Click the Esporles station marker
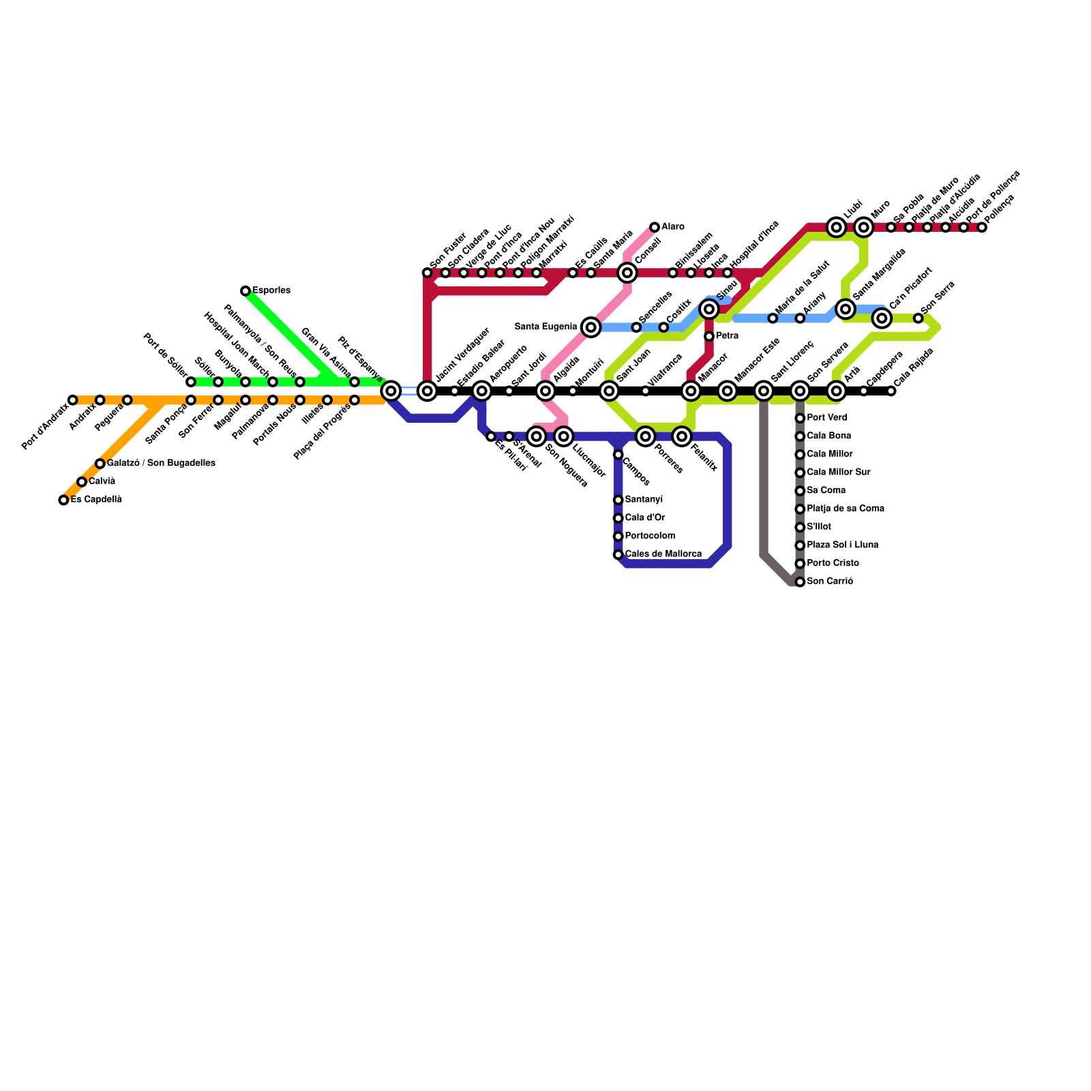pyautogui.click(x=245, y=291)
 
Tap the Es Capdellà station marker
pyautogui.click(x=63, y=500)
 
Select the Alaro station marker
pyautogui.click(x=655, y=227)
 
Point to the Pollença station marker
pyautogui.click(x=982, y=227)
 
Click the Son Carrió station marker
pyautogui.click(x=800, y=582)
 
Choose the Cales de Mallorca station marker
pyautogui.click(x=618, y=555)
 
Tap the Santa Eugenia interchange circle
pyautogui.click(x=591, y=327)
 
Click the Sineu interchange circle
pyautogui.click(x=709, y=310)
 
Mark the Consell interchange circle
pyautogui.click(x=627, y=273)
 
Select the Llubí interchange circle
pyautogui.click(x=837, y=227)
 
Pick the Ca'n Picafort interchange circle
pyautogui.click(x=882, y=318)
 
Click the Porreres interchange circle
pyautogui.click(x=646, y=436)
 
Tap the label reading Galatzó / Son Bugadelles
pyautogui.click(x=161, y=464)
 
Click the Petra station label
pyautogui.click(x=727, y=336)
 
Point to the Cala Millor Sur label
pyautogui.click(x=838, y=473)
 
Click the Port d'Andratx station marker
pyautogui.click(x=73, y=400)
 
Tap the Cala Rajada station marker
pyautogui.click(x=891, y=391)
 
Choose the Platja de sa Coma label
pyautogui.click(x=846, y=509)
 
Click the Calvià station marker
pyautogui.click(x=82, y=482)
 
